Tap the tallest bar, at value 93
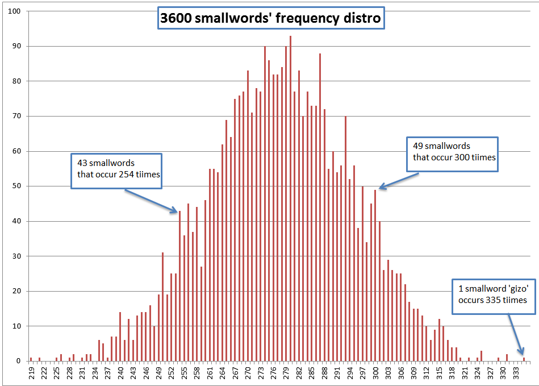point(290,199)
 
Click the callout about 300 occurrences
point(452,154)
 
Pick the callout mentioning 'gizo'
point(494,296)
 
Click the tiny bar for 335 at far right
point(524,359)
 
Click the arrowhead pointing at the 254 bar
point(177,211)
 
